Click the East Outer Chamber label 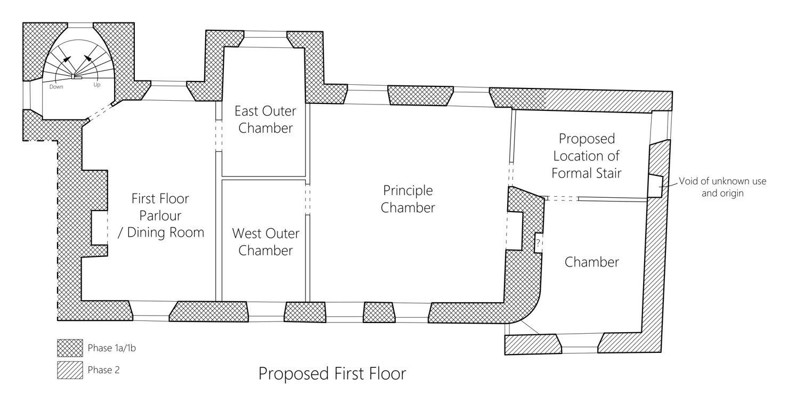(265, 119)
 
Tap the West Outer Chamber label (265, 241)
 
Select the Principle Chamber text (408, 199)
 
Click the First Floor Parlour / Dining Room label (160, 215)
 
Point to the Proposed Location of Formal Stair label (586, 156)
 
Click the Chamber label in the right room (591, 262)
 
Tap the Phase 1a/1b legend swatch (70, 348)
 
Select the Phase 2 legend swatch (70, 370)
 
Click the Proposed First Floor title (332, 374)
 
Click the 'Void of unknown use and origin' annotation (722, 187)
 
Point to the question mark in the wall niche (538, 243)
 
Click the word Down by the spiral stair (57, 86)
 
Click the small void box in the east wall (655, 186)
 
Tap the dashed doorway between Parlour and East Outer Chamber (218, 136)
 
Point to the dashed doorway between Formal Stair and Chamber (562, 198)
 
